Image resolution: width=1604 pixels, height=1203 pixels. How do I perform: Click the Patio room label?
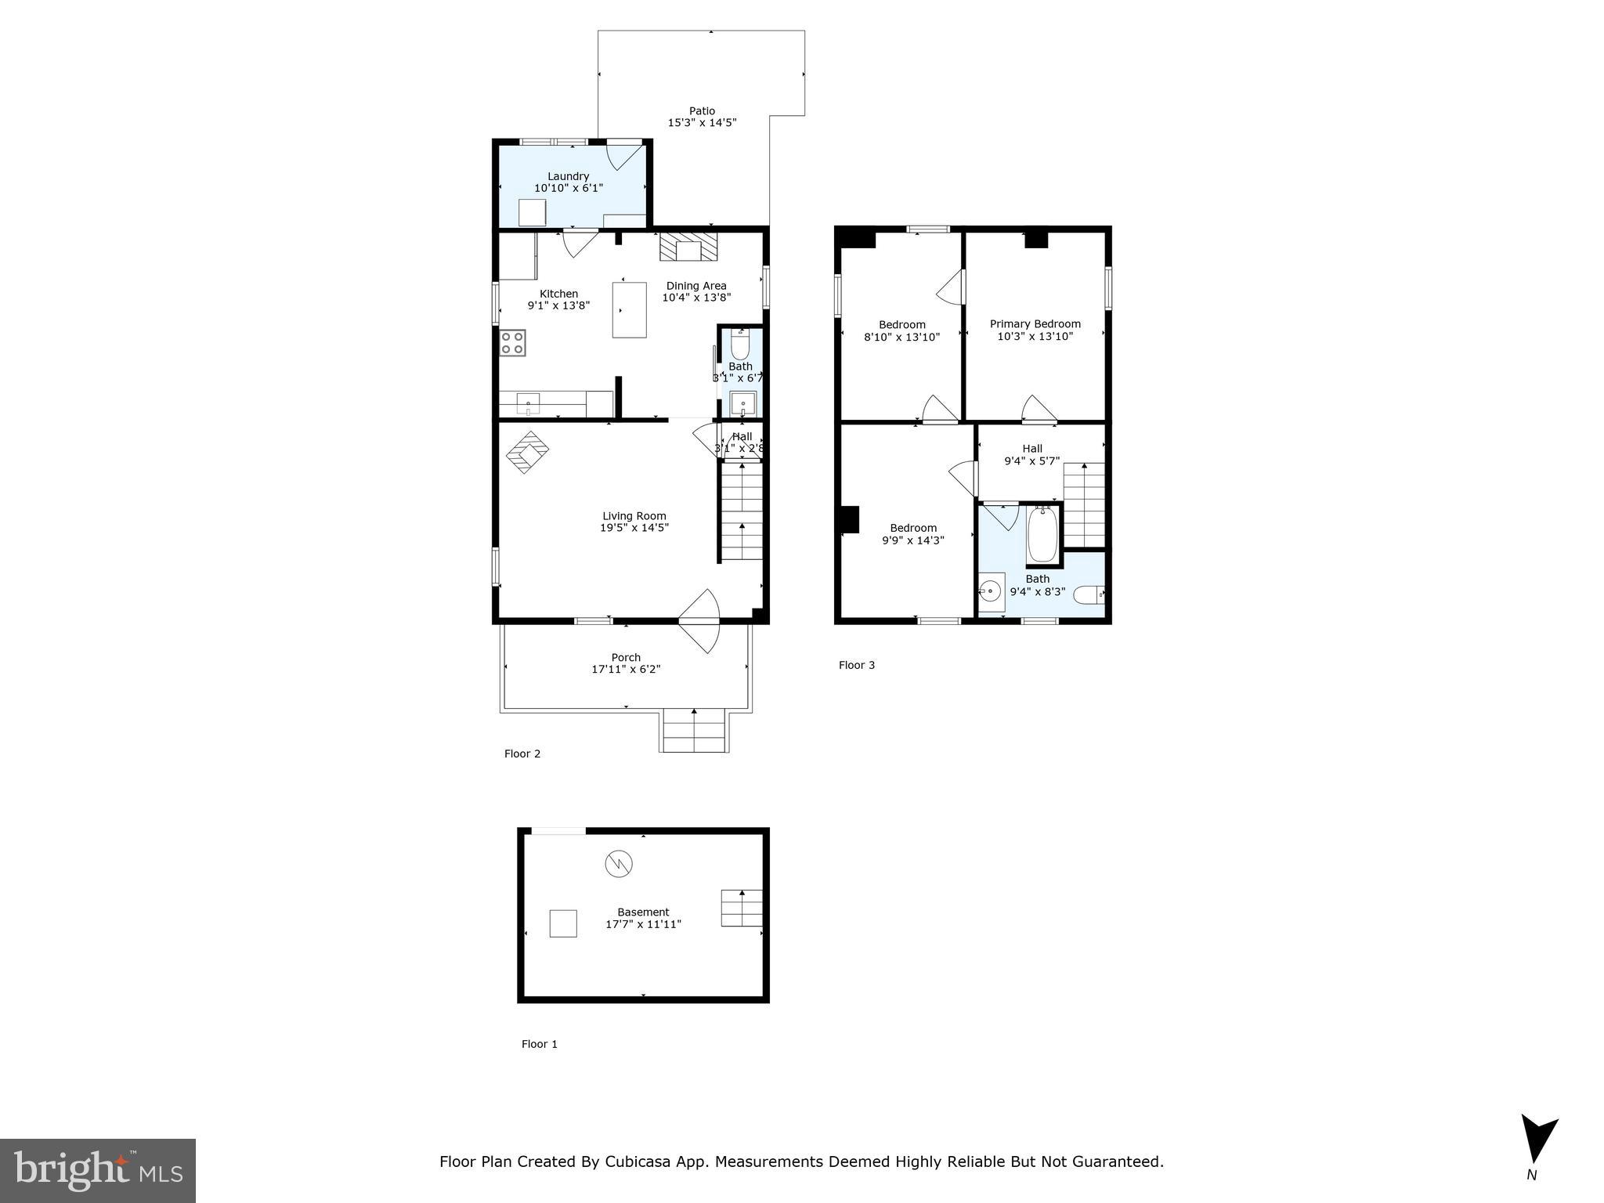click(702, 111)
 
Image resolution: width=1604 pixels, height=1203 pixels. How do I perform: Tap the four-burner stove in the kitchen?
click(513, 343)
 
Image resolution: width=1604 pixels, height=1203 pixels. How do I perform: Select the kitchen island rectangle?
click(630, 310)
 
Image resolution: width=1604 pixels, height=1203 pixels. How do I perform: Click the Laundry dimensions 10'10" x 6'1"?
click(568, 189)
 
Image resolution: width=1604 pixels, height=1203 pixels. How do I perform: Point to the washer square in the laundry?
click(532, 212)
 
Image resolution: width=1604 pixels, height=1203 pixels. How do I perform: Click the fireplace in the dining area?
click(688, 246)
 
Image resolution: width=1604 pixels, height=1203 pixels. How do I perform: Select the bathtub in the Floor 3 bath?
click(1042, 534)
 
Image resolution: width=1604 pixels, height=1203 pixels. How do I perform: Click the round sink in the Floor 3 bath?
click(991, 590)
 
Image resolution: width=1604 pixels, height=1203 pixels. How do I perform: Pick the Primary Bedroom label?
click(1035, 323)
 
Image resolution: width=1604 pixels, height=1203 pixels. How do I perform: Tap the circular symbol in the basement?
click(618, 864)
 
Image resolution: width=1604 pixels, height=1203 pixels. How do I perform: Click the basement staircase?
click(741, 909)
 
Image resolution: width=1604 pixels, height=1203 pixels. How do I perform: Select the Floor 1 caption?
click(540, 1044)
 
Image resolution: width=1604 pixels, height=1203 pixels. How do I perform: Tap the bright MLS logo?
click(98, 1171)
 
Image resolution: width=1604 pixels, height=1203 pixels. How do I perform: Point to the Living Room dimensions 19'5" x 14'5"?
click(634, 528)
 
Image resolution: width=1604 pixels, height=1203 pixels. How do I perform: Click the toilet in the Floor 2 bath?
click(740, 344)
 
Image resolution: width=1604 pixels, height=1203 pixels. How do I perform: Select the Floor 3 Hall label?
click(1031, 449)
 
